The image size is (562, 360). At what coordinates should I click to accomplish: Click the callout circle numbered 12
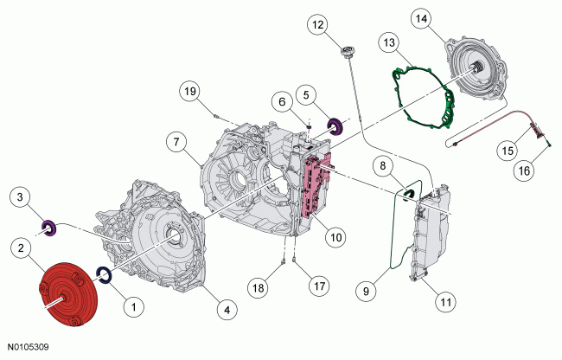pyautogui.click(x=319, y=27)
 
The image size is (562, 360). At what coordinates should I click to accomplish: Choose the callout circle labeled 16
pyautogui.click(x=523, y=172)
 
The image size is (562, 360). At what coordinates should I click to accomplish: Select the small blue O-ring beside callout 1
pyautogui.click(x=103, y=276)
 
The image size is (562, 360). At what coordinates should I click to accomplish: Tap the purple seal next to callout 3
pyautogui.click(x=50, y=228)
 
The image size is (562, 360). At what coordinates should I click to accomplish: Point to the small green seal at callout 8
pyautogui.click(x=410, y=191)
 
